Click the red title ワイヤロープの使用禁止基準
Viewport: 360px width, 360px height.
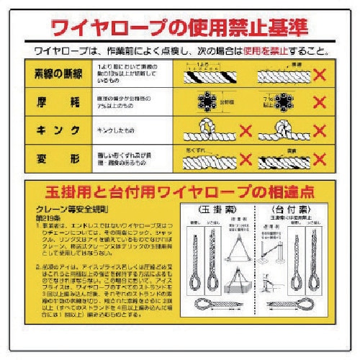tap(179, 27)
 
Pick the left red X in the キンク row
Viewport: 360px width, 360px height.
tap(246, 132)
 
